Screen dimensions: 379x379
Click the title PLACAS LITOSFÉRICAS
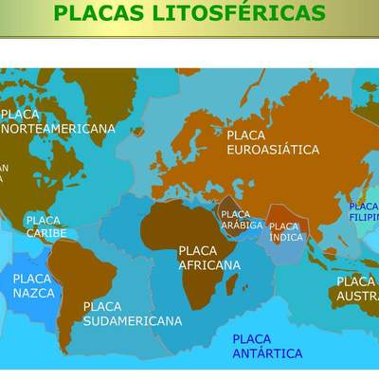(189, 13)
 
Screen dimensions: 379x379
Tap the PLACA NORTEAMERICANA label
(59, 121)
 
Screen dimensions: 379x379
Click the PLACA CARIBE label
(45, 226)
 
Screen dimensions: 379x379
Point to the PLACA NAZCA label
(33, 285)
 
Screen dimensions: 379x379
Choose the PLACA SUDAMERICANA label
(132, 314)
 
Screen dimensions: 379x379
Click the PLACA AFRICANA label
(208, 258)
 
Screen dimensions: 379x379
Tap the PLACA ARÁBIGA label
(236, 220)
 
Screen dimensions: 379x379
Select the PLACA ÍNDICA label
(285, 231)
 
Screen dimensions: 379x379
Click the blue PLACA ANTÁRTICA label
(267, 346)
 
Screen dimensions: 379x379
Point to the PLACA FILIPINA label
(364, 211)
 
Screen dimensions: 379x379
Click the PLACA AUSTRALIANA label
(357, 289)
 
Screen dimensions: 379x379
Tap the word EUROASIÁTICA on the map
(273, 150)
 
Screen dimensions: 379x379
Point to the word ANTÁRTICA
(267, 353)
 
